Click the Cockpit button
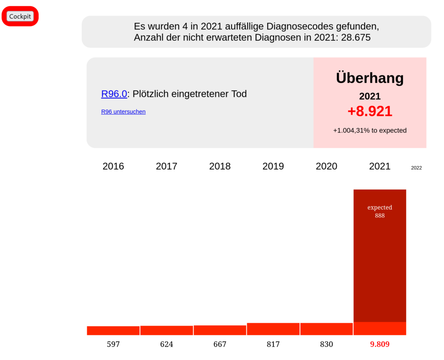pyautogui.click(x=20, y=16)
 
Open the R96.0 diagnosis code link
pyautogui.click(x=114, y=94)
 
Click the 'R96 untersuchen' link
pyautogui.click(x=123, y=111)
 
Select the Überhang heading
pyautogui.click(x=369, y=78)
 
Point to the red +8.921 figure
pyautogui.click(x=369, y=111)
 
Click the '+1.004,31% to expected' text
pyautogui.click(x=369, y=130)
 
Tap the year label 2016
pyautogui.click(x=113, y=166)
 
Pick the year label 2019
pyautogui.click(x=273, y=166)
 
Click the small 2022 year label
pyautogui.click(x=416, y=168)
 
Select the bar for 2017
pyautogui.click(x=166, y=330)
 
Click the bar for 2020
pyautogui.click(x=326, y=329)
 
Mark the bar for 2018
pyautogui.click(x=220, y=330)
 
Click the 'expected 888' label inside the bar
pyautogui.click(x=379, y=211)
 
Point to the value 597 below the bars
pyautogui.click(x=113, y=344)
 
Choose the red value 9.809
pyautogui.click(x=379, y=344)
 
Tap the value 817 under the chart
pyautogui.click(x=273, y=344)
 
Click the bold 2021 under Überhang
pyautogui.click(x=369, y=96)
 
